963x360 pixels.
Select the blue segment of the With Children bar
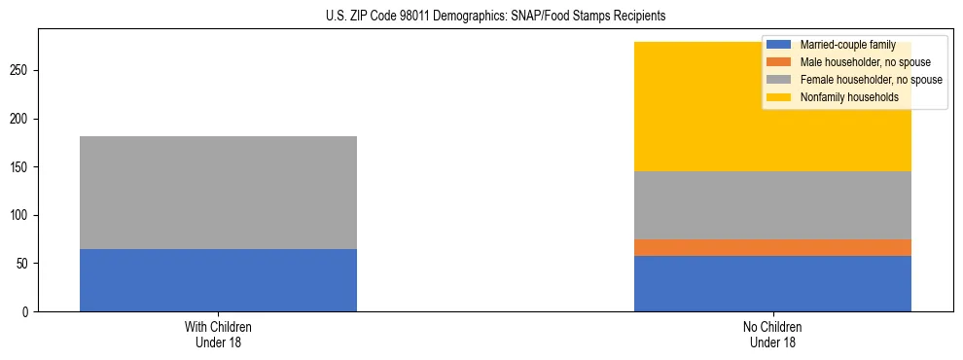218,280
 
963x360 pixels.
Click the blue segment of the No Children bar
772,283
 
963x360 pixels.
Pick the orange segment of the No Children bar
772,247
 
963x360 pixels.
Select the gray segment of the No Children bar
772,205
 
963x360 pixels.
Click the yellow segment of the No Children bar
681,107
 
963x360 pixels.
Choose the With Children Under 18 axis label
218,334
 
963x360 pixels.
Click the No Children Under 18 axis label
772,334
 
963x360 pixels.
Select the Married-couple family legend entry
847,45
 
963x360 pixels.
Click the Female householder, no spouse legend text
871,80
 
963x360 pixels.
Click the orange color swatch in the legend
779,62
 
